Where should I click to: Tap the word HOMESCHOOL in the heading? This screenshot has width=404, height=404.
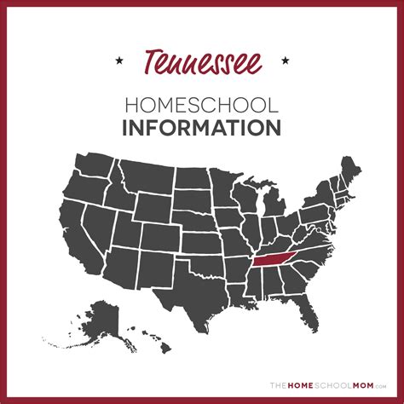pos(202,106)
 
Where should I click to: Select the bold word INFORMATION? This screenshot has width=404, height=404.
pos(202,130)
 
